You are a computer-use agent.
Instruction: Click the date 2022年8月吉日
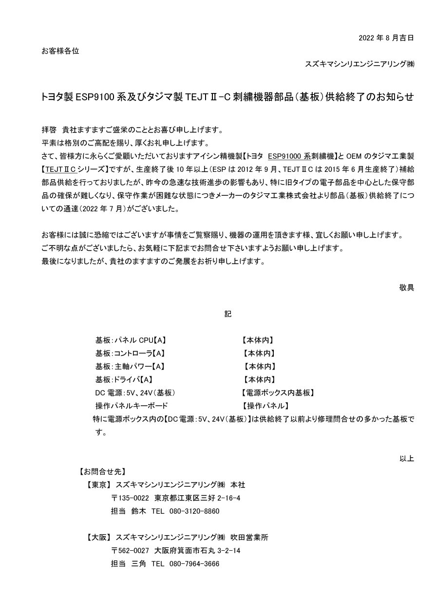386,37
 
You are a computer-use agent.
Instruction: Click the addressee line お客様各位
60,51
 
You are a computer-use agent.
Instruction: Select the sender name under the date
359,64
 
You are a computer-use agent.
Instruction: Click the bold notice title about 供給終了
228,96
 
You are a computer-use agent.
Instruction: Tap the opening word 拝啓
49,130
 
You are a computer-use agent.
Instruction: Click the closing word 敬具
406,287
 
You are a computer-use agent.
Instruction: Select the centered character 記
228,314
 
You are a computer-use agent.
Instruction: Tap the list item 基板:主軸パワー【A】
130,367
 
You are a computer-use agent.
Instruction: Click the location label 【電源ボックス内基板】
278,393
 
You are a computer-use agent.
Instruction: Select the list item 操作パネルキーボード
132,406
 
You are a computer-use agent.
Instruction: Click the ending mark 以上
406,458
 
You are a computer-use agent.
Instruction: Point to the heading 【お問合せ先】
103,471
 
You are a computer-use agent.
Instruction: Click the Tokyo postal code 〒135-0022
131,498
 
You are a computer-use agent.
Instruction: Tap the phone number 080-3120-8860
194,511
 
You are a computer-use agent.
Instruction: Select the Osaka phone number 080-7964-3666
194,564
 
